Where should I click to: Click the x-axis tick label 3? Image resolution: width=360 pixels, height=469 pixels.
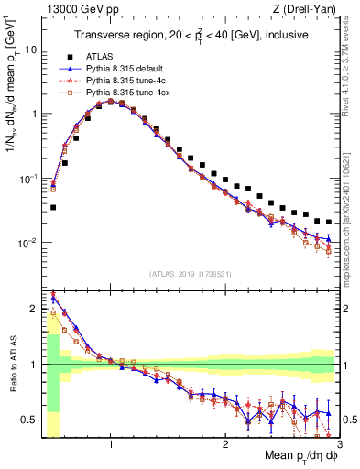point(338,444)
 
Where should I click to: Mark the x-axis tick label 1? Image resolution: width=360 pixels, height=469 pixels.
point(110,444)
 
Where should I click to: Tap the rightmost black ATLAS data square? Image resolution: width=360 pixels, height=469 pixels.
point(329,222)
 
